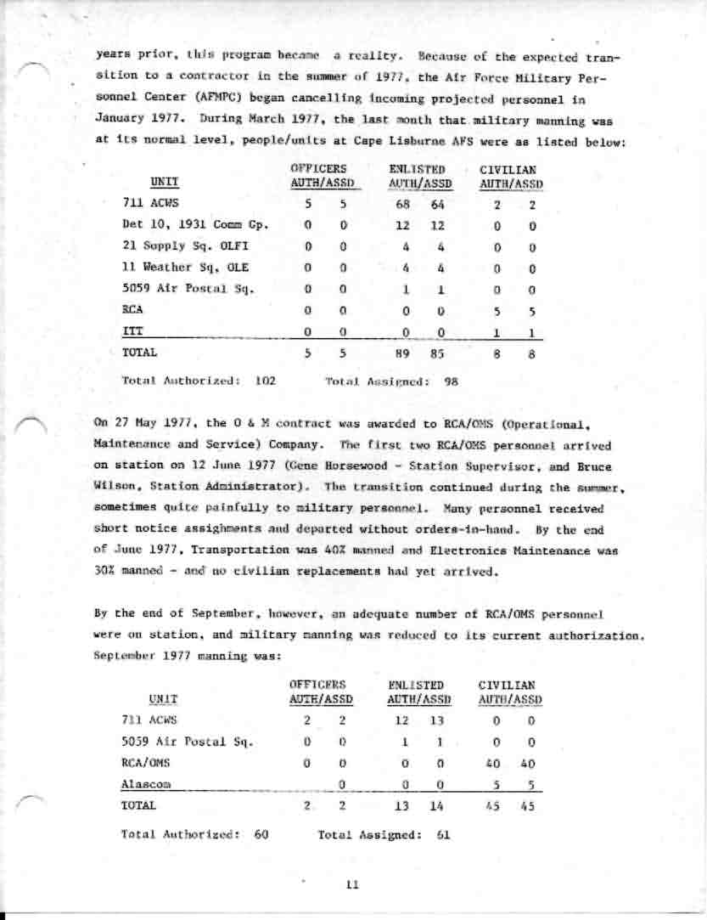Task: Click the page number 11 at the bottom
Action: pyautogui.click(x=353, y=884)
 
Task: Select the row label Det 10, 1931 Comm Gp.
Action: pyautogui.click(x=195, y=225)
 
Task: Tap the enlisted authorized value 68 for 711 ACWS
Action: pyautogui.click(x=404, y=204)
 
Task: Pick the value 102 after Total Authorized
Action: pyautogui.click(x=266, y=381)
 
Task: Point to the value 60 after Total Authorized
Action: pyautogui.click(x=261, y=834)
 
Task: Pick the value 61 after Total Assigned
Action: pyautogui.click(x=442, y=834)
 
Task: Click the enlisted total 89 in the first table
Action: pyautogui.click(x=404, y=351)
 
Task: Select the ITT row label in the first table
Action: pyautogui.click(x=132, y=330)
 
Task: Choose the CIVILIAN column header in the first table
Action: pyautogui.click(x=511, y=170)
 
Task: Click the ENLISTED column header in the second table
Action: pyautogui.click(x=416, y=684)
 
